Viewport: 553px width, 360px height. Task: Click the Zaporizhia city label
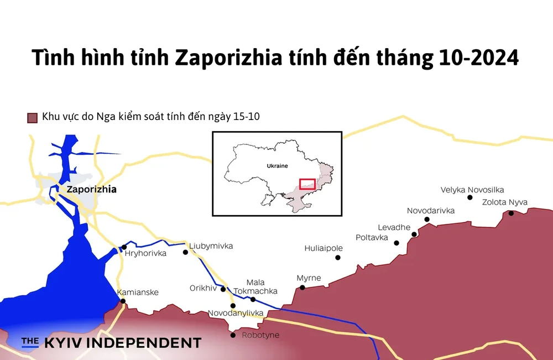pos(91,189)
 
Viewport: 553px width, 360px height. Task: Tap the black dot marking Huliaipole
pos(338,257)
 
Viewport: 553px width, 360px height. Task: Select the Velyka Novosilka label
pos(472,190)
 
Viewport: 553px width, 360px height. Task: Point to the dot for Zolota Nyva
pos(511,213)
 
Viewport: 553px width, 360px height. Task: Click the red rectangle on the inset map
pos(307,184)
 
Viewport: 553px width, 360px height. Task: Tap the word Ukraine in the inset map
pos(277,165)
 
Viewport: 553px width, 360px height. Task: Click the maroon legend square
pos(32,117)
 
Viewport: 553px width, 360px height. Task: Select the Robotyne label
pos(260,335)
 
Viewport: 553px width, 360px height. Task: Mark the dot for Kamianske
pos(123,301)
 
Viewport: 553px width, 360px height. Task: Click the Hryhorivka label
pos(145,254)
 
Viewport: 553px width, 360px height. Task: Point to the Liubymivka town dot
pos(186,252)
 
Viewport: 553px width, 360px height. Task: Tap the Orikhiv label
pos(203,288)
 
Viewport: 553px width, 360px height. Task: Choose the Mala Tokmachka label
pos(255,286)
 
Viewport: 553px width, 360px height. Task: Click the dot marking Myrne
pos(302,288)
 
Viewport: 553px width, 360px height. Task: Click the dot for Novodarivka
pos(427,220)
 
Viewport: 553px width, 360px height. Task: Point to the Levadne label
pos(394,227)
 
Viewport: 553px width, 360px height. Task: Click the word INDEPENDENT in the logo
pos(146,343)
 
